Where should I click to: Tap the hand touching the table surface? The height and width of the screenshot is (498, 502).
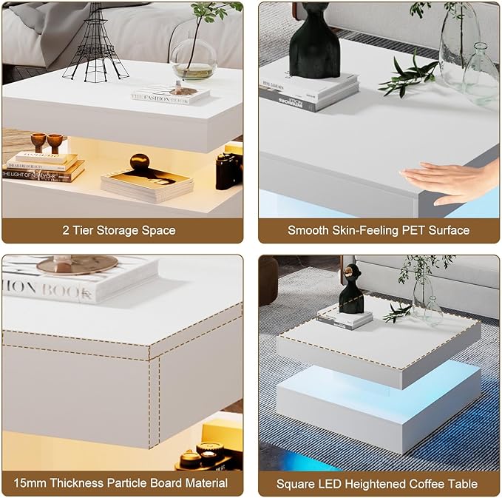coord(451,182)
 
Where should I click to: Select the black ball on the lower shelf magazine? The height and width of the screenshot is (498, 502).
coord(140,163)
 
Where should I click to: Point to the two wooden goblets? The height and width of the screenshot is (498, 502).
coord(46,141)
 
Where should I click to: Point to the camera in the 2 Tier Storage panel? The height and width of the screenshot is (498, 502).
coord(228,170)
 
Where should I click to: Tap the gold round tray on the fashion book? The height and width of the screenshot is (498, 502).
coord(78,265)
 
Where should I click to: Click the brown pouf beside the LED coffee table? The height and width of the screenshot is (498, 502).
coord(268,280)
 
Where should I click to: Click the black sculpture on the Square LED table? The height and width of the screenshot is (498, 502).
coord(351,289)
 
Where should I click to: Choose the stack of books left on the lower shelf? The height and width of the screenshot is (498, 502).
coord(43,166)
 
